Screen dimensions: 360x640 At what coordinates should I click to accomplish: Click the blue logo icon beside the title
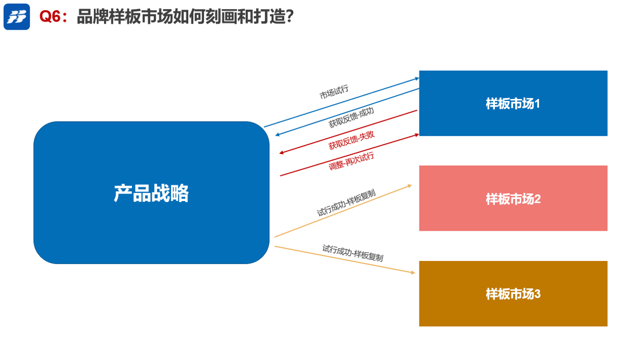(17, 17)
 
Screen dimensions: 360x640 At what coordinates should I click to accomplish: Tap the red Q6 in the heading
(51, 16)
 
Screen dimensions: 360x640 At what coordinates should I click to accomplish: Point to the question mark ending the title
(288, 16)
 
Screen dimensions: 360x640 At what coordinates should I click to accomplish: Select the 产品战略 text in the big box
(151, 193)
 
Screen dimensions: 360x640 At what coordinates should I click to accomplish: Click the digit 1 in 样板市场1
(537, 104)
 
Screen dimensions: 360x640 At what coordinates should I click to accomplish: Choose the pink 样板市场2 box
(513, 198)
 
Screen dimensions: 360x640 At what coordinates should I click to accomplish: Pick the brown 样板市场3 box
(513, 294)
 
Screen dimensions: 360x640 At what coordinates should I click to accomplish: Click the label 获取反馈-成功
(351, 117)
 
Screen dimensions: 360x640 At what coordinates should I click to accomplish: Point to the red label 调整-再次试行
(351, 162)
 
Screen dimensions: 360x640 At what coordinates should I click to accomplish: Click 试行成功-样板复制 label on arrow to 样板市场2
(346, 204)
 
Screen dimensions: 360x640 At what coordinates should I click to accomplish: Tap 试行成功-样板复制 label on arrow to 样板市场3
(353, 253)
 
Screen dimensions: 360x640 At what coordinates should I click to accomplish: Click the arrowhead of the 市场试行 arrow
(417, 78)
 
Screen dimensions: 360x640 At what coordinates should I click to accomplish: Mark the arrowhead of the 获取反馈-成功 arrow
(277, 135)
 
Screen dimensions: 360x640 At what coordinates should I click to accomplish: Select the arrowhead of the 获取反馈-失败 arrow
(282, 153)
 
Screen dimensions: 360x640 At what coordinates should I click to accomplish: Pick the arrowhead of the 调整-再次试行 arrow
(417, 134)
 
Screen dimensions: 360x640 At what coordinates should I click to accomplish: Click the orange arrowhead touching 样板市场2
(410, 185)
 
